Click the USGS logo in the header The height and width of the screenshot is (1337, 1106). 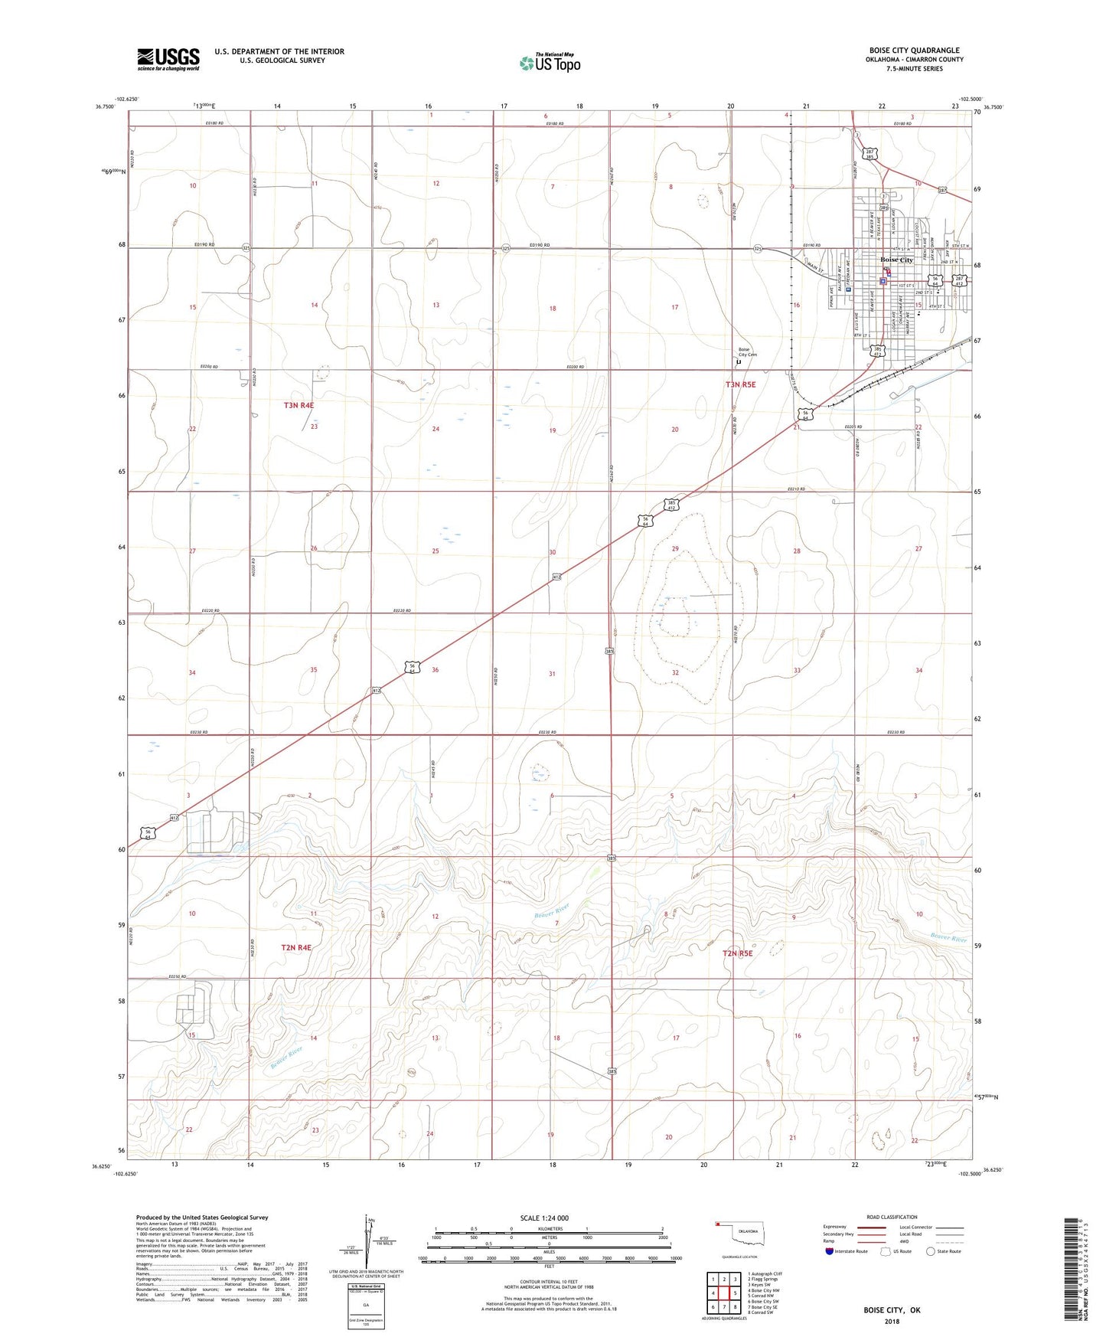pos(168,59)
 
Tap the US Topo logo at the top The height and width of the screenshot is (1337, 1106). pos(549,63)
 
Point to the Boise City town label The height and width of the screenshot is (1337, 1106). pos(897,260)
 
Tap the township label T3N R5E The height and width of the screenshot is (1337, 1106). pos(740,384)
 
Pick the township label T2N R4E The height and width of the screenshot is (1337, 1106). pos(296,947)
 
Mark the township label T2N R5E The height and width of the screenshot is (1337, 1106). pos(738,953)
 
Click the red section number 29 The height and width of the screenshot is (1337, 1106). pos(675,549)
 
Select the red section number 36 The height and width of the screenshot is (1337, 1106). pos(436,670)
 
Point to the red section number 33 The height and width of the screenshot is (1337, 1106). pos(797,670)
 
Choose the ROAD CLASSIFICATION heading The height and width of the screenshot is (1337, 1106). pos(892,1217)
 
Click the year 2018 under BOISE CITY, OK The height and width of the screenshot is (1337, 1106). pos(892,1321)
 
